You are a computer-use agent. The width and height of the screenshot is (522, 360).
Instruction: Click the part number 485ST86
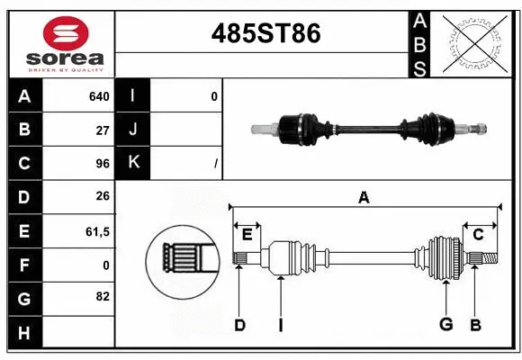click(265, 34)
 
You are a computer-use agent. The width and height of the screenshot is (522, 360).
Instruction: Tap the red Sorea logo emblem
click(66, 33)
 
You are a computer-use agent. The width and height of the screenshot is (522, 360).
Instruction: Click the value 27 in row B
click(103, 130)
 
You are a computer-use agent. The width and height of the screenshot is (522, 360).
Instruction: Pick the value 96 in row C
click(103, 164)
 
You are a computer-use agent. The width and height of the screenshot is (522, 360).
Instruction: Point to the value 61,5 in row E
click(97, 231)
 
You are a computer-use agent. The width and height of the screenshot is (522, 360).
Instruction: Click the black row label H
click(23, 333)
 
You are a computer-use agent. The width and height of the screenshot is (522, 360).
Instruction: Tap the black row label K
click(133, 163)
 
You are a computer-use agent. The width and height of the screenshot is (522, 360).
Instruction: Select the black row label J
click(133, 130)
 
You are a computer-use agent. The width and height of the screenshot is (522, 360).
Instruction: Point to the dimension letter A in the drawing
click(364, 198)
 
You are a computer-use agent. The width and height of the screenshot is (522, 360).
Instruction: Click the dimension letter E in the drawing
click(247, 235)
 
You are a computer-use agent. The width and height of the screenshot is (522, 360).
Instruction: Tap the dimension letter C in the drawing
click(478, 235)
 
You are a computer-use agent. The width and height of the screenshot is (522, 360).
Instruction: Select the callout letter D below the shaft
click(239, 325)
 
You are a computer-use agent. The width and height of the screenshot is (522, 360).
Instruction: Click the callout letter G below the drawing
click(445, 325)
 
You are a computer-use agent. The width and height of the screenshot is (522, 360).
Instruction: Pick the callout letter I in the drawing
click(280, 325)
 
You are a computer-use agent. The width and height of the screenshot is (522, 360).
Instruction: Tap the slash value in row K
click(216, 164)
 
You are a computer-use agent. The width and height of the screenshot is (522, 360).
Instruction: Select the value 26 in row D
click(103, 197)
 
